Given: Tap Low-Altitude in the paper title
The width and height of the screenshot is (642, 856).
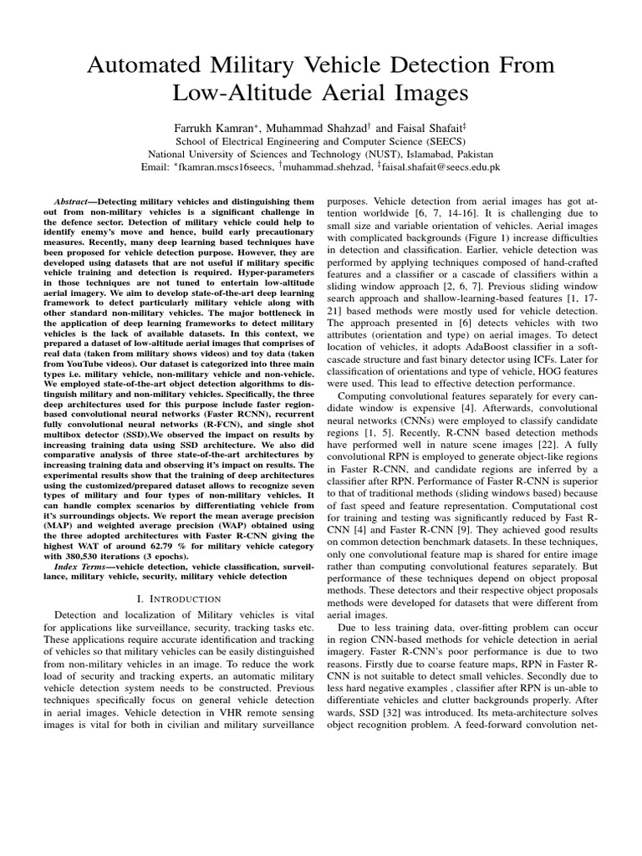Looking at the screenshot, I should [x=234, y=93].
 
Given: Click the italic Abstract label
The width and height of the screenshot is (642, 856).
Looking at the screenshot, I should [x=71, y=202].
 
